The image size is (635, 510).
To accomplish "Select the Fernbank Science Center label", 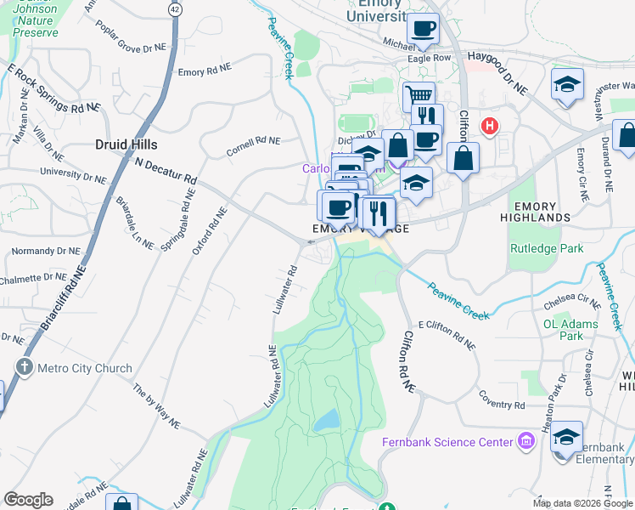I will click(x=447, y=442).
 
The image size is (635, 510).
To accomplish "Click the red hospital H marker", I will click(x=489, y=127).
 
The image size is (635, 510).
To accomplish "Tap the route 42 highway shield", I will click(x=175, y=8).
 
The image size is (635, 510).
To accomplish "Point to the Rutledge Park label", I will click(x=547, y=249).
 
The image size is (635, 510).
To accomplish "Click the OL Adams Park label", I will click(x=575, y=330).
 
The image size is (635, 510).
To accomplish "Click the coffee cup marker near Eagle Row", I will click(x=422, y=29).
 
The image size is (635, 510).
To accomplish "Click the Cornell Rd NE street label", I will click(x=252, y=145).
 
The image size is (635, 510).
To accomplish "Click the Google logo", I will click(x=28, y=500).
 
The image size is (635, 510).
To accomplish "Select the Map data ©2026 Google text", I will click(x=582, y=503).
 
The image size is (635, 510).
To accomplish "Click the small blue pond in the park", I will click(x=325, y=420).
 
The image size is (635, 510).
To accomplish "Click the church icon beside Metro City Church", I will click(x=24, y=368).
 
